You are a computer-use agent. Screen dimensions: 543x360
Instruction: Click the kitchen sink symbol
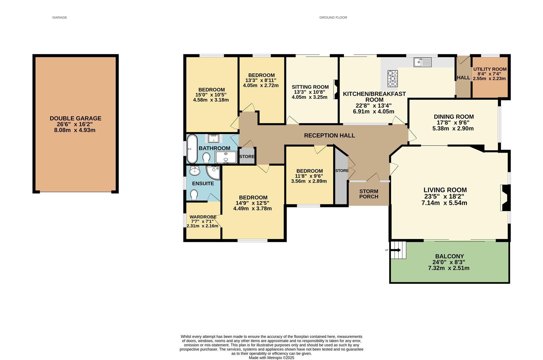pyautogui.click(x=423, y=62)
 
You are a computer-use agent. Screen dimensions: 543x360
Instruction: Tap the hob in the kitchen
pyautogui.click(x=393, y=78)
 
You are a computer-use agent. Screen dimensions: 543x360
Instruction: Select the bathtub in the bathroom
pyautogui.click(x=192, y=149)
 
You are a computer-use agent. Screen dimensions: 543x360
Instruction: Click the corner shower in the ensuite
pyautogui.click(x=213, y=172)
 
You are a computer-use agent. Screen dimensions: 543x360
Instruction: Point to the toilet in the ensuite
pyautogui.click(x=194, y=195)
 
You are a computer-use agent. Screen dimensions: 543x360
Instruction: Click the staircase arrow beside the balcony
pyautogui.click(x=396, y=250)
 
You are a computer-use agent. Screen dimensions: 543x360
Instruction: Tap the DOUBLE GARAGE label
pyautogui.click(x=76, y=118)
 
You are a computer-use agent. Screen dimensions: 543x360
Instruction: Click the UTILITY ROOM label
pyautogui.click(x=490, y=69)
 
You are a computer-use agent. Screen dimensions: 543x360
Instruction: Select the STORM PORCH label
pyautogui.click(x=369, y=194)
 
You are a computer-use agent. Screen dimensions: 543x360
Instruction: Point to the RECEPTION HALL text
pyautogui.click(x=330, y=136)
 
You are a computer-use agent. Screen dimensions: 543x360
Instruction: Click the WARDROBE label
pyautogui.click(x=203, y=217)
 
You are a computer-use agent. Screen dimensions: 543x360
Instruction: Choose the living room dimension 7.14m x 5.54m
pyautogui.click(x=444, y=203)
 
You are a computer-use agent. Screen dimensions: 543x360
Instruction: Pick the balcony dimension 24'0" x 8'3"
pyautogui.click(x=449, y=262)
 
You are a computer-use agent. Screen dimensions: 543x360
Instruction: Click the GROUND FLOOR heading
pyautogui.click(x=333, y=17)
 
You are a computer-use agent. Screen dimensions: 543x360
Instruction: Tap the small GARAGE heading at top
pyautogui.click(x=60, y=17)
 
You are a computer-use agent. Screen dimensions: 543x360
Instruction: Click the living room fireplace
pyautogui.click(x=505, y=198)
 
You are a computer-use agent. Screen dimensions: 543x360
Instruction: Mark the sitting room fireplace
pyautogui.click(x=336, y=89)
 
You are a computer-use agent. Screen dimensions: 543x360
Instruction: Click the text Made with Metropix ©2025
pyautogui.click(x=271, y=358)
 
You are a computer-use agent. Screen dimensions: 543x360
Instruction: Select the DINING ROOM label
pyautogui.click(x=454, y=117)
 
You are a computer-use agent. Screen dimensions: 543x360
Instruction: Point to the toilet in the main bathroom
pyautogui.click(x=206, y=158)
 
